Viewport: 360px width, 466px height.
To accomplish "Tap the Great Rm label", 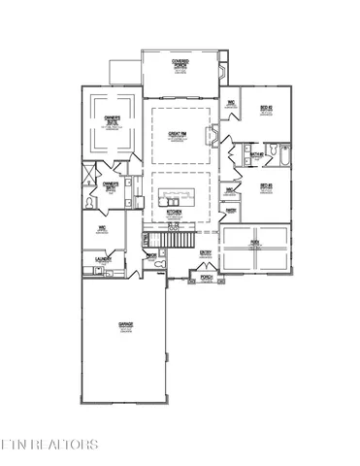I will [x=178, y=133].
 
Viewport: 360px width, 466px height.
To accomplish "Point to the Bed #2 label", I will [x=265, y=109].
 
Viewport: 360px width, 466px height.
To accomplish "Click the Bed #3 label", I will [x=264, y=186].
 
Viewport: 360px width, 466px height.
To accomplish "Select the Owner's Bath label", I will [x=111, y=183].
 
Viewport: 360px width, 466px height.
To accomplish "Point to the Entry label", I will [x=206, y=253].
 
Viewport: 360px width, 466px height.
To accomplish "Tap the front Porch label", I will [x=206, y=277].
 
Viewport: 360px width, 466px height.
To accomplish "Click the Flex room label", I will [x=255, y=242].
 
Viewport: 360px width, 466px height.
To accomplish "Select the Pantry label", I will [x=232, y=208].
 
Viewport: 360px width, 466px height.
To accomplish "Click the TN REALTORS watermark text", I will [x=50, y=445].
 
